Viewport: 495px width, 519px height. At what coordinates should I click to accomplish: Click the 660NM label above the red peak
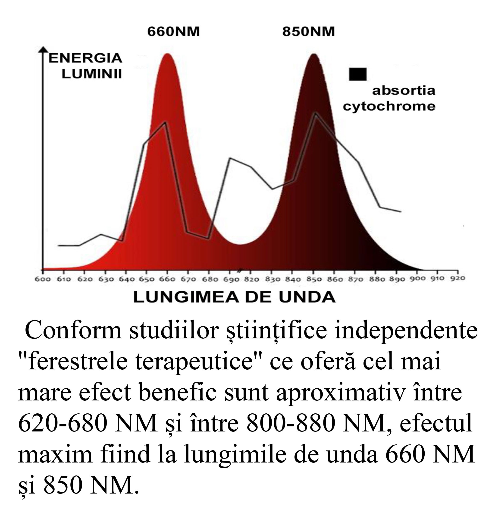(x=173, y=32)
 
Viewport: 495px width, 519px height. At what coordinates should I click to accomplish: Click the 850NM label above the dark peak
(x=308, y=32)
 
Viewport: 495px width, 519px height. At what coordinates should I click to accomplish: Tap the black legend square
(x=357, y=74)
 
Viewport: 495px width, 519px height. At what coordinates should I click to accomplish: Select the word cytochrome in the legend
(x=389, y=106)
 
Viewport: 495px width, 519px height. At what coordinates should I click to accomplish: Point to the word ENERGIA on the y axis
(x=85, y=58)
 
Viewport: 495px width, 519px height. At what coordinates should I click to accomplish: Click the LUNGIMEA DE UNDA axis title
(x=234, y=297)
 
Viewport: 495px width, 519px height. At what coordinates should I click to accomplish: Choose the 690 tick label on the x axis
(x=230, y=279)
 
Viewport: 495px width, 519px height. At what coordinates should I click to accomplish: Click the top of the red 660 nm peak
(x=167, y=54)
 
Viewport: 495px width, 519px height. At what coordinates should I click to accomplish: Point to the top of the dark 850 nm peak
(x=314, y=55)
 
